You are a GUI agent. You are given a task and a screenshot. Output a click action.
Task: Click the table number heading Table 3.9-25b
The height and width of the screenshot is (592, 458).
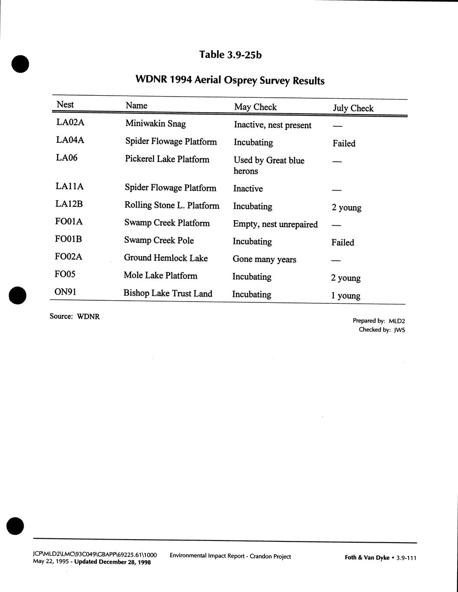[x=230, y=54]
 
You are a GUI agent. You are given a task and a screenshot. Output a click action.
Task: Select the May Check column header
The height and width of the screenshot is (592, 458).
[x=255, y=107]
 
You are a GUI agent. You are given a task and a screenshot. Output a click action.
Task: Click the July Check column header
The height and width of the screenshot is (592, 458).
[x=353, y=108]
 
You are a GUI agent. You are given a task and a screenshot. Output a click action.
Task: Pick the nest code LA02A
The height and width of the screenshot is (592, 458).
[x=70, y=122]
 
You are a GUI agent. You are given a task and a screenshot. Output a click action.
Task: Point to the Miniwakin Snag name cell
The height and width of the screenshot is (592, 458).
[x=155, y=124]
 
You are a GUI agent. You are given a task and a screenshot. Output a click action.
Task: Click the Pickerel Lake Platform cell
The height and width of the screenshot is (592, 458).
[x=167, y=159]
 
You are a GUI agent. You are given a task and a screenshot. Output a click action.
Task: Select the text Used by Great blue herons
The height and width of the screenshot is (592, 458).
[x=268, y=166]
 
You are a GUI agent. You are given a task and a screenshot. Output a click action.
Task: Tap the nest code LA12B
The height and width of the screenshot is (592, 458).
[x=69, y=204]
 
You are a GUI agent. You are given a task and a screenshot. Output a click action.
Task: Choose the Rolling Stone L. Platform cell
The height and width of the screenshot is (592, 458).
[x=172, y=205]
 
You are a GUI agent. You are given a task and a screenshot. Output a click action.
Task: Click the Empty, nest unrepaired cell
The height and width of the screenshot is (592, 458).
[x=275, y=224]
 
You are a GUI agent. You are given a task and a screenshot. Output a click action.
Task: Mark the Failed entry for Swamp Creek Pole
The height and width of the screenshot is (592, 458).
[x=343, y=242]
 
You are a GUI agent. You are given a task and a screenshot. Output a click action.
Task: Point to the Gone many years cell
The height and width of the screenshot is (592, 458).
[x=264, y=259]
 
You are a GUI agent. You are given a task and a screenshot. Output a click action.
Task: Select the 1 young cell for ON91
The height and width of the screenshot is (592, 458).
[x=345, y=296]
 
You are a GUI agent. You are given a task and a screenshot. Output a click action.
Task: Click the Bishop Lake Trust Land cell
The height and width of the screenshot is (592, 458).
[x=168, y=293]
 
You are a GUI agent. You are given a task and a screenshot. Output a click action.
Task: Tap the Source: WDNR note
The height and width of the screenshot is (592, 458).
[x=75, y=317]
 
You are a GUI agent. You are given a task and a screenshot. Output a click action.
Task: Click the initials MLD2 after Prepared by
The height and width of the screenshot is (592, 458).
[x=397, y=321]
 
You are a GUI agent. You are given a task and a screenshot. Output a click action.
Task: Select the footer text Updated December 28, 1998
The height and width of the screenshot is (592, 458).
[x=112, y=562]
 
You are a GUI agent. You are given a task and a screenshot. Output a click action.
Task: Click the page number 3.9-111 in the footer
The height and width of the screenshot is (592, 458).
[x=406, y=558]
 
